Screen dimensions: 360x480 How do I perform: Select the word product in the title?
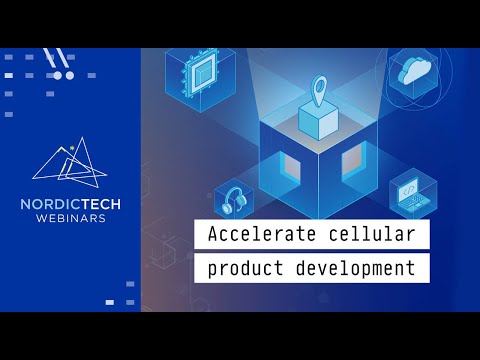244,268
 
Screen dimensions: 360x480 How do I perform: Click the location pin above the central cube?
319,92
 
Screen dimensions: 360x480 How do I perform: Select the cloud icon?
413,71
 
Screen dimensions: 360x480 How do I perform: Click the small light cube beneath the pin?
319,121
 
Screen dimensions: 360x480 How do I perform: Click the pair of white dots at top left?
63,75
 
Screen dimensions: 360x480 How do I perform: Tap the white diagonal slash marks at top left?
58,59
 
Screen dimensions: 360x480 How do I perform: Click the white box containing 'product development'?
311,268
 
